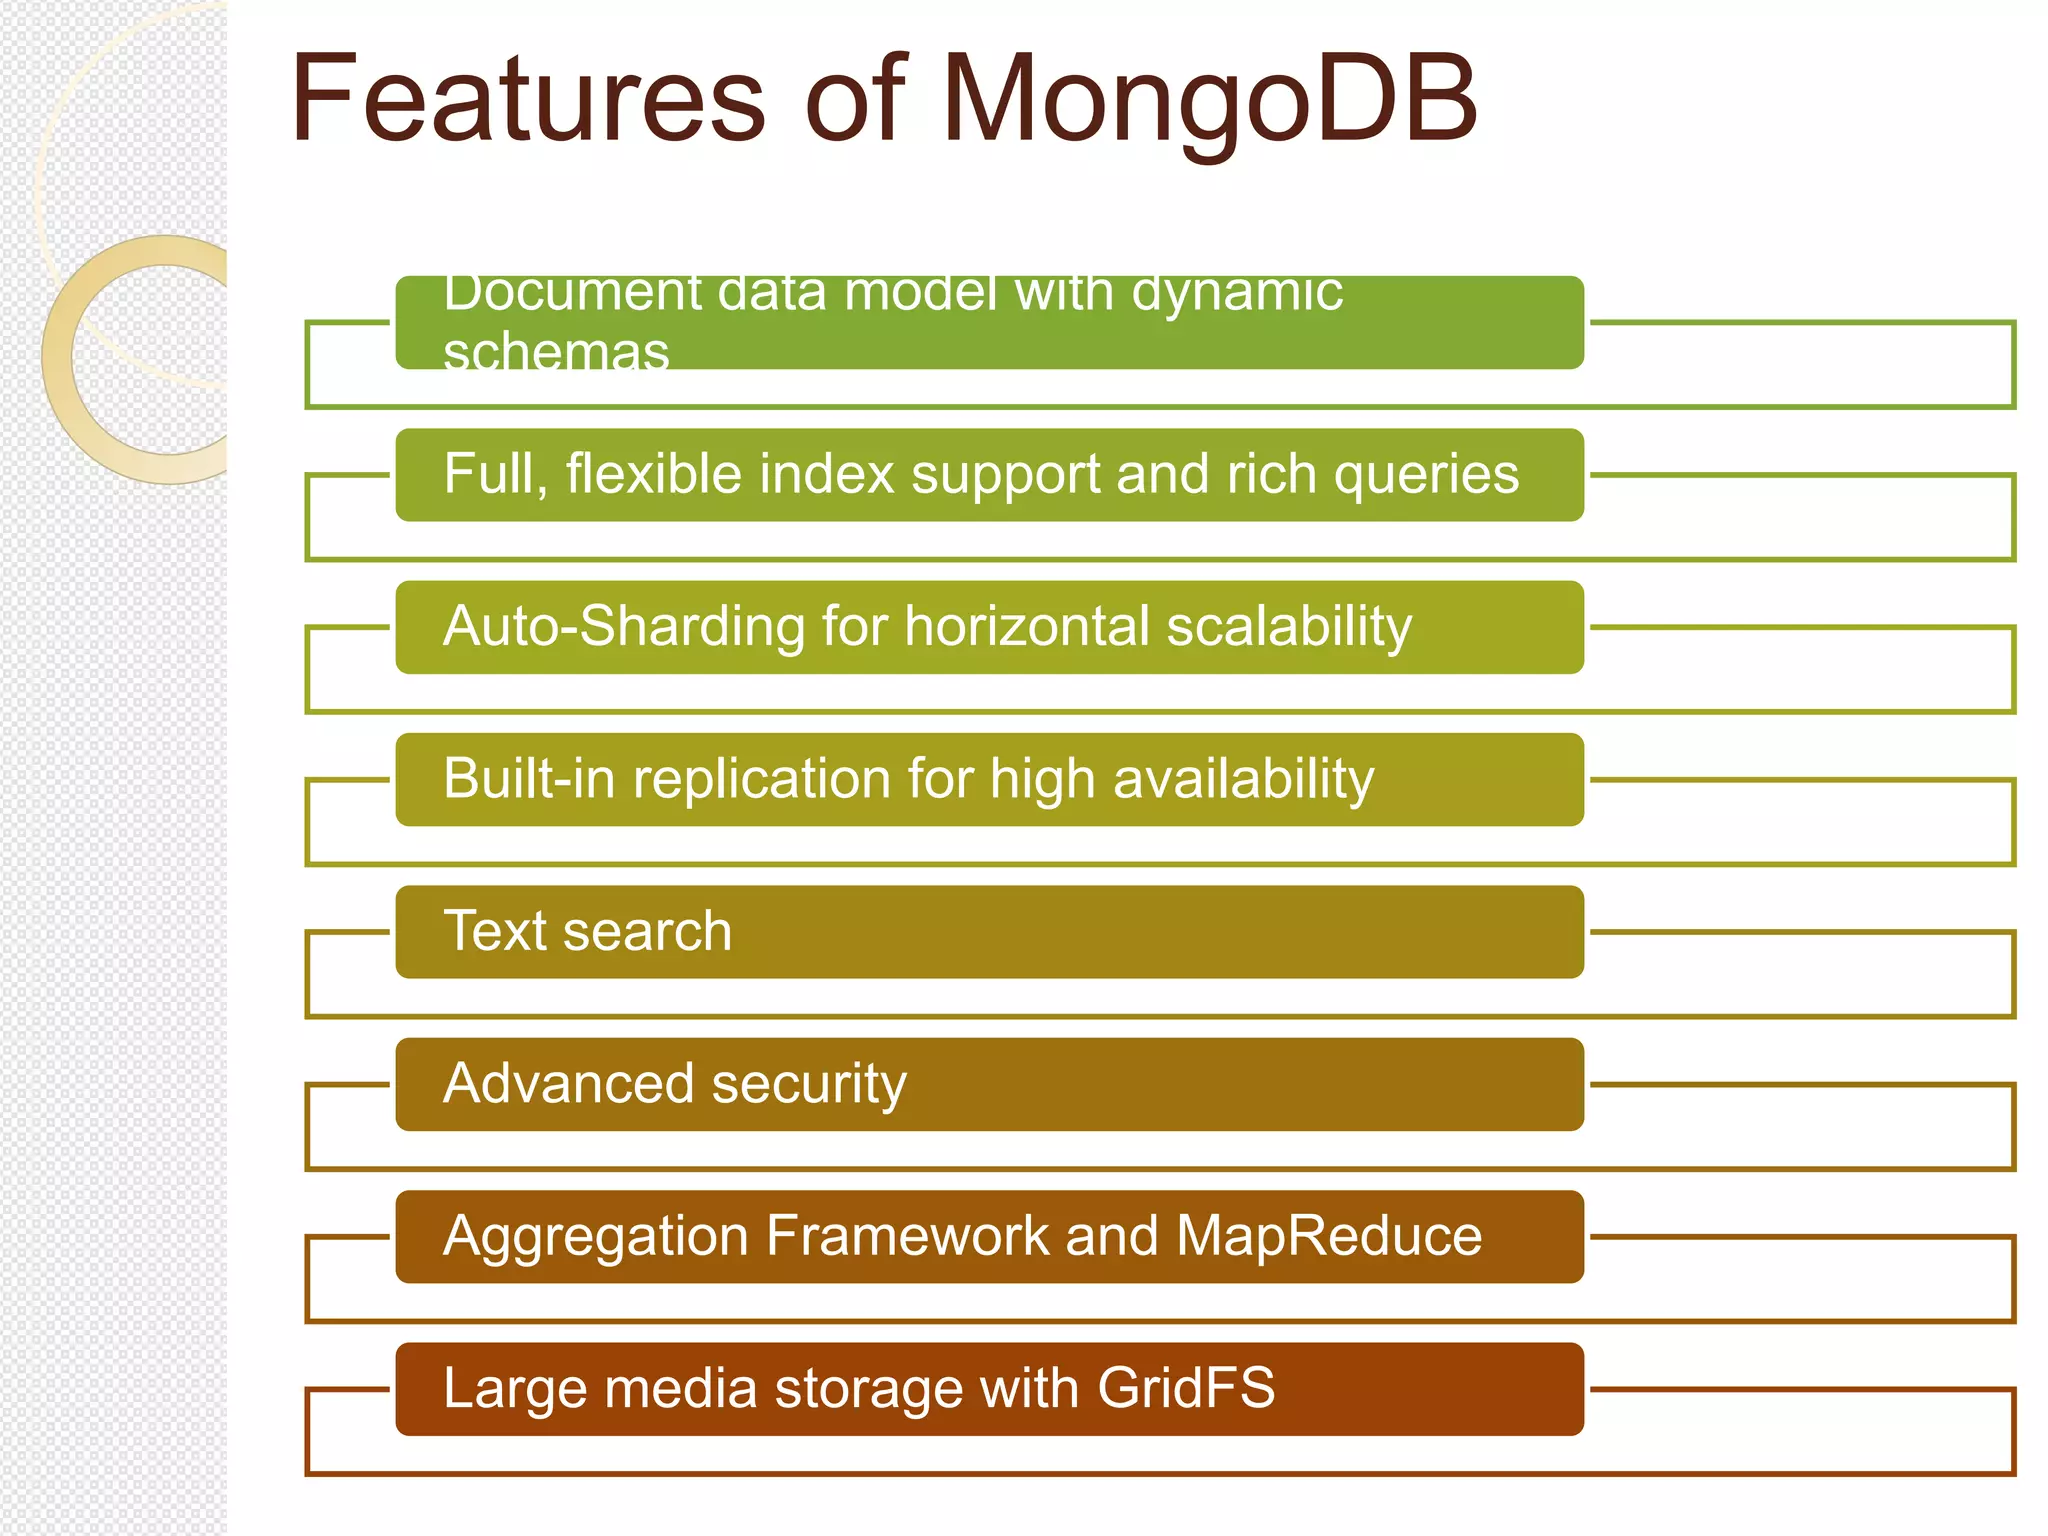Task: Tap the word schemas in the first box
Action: (x=556, y=352)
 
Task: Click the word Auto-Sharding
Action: (x=624, y=627)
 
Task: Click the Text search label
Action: (x=587, y=932)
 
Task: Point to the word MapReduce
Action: (x=1329, y=1236)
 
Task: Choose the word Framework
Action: (x=907, y=1236)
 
